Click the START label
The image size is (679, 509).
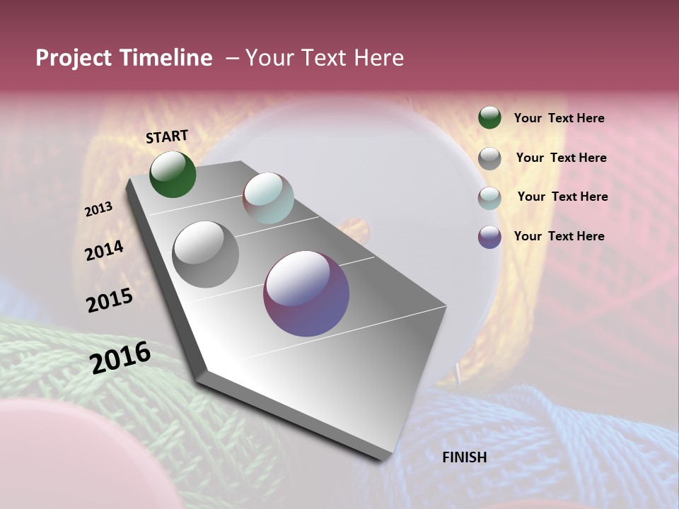pyautogui.click(x=167, y=136)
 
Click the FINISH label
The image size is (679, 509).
pyautogui.click(x=464, y=457)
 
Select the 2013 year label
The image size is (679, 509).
pyautogui.click(x=99, y=209)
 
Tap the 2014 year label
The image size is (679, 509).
pyautogui.click(x=105, y=251)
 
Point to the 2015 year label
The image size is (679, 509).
pyautogui.click(x=110, y=300)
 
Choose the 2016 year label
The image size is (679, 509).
pyautogui.click(x=120, y=357)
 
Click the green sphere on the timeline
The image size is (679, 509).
pyautogui.click(x=173, y=175)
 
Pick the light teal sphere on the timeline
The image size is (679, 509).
pyautogui.click(x=268, y=198)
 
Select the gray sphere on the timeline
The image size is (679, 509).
pyautogui.click(x=206, y=255)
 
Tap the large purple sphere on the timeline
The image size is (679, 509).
pyautogui.click(x=306, y=293)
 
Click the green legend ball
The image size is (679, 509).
pyautogui.click(x=489, y=118)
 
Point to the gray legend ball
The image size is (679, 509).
pyautogui.click(x=489, y=158)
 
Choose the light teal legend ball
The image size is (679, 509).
pyautogui.click(x=489, y=198)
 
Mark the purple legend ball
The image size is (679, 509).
pyautogui.click(x=489, y=237)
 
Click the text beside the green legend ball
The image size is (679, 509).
pyautogui.click(x=559, y=119)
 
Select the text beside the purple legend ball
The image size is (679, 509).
pyautogui.click(x=559, y=236)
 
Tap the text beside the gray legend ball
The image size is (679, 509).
pyautogui.click(x=561, y=158)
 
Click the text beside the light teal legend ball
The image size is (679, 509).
pyautogui.click(x=562, y=197)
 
